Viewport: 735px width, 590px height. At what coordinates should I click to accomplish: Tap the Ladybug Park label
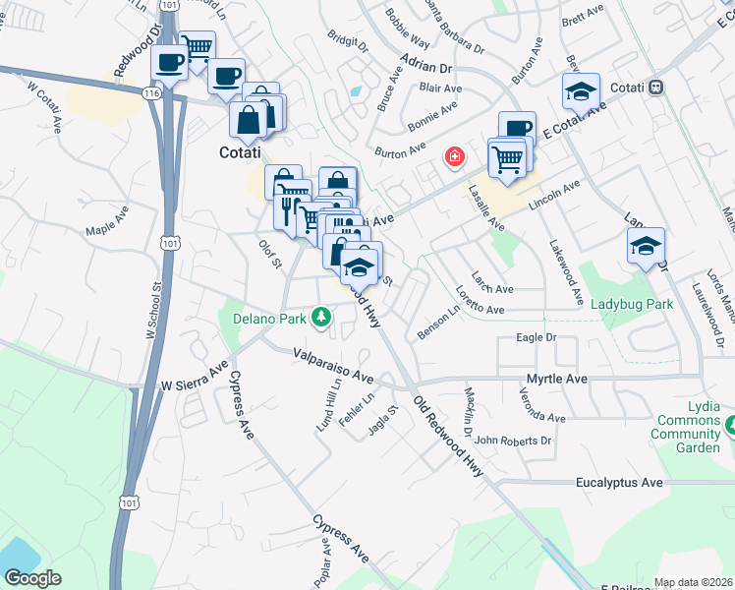(x=633, y=304)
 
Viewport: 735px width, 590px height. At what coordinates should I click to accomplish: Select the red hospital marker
(x=454, y=156)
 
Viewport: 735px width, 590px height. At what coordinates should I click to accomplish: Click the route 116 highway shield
(x=150, y=92)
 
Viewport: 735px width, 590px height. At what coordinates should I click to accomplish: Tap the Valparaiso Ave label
(x=334, y=365)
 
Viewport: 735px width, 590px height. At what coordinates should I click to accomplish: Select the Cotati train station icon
(x=653, y=88)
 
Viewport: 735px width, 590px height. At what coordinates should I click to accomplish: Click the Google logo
(x=33, y=577)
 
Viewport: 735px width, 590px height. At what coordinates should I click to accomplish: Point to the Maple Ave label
(x=108, y=231)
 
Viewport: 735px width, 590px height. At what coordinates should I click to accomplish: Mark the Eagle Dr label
(x=537, y=338)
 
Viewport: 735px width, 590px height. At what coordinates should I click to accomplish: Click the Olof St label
(x=270, y=255)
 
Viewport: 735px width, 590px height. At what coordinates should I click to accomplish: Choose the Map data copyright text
(x=693, y=582)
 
